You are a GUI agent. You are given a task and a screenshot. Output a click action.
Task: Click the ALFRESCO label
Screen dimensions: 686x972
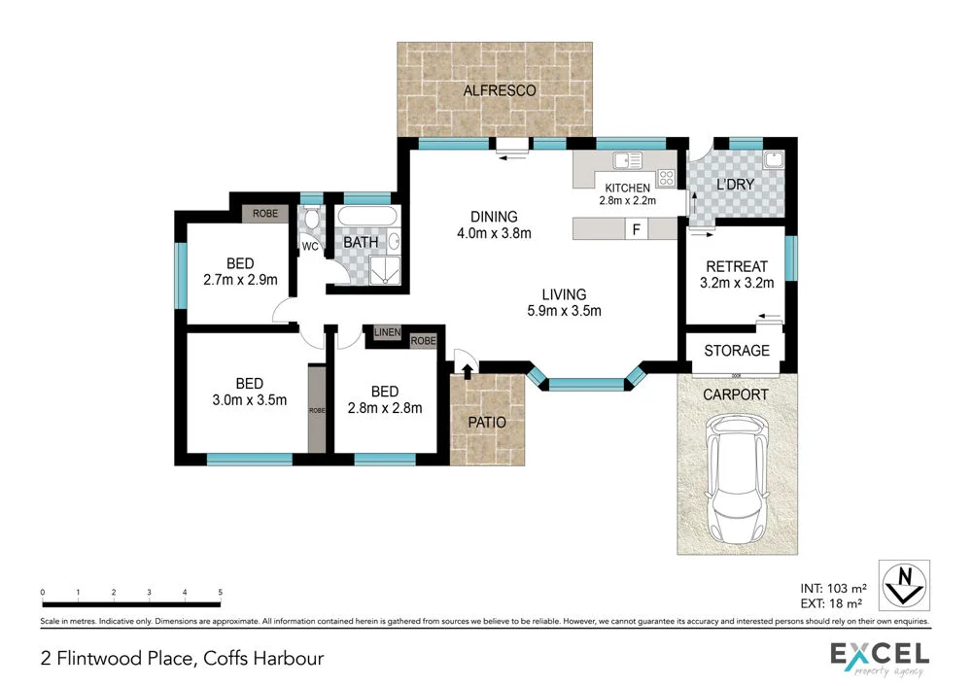point(499,90)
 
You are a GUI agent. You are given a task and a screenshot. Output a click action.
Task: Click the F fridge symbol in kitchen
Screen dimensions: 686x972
point(637,229)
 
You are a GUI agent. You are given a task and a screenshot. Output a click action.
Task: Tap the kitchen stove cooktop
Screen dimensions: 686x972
point(667,177)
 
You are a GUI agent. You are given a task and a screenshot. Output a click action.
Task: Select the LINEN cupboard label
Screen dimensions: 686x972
point(386,333)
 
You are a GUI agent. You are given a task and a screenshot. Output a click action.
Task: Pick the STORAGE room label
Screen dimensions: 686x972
point(737,351)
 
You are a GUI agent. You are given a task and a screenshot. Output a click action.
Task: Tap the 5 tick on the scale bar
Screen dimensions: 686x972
point(221,592)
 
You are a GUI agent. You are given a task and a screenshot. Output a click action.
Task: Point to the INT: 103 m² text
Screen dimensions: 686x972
point(832,587)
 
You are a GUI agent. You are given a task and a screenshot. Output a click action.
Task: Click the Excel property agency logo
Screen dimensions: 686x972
point(879,658)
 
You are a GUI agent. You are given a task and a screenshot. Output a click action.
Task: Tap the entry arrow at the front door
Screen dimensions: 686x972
point(467,369)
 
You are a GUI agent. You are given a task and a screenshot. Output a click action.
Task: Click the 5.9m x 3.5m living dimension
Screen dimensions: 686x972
point(564,311)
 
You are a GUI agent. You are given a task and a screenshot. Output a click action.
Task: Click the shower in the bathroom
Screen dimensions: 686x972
point(386,271)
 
